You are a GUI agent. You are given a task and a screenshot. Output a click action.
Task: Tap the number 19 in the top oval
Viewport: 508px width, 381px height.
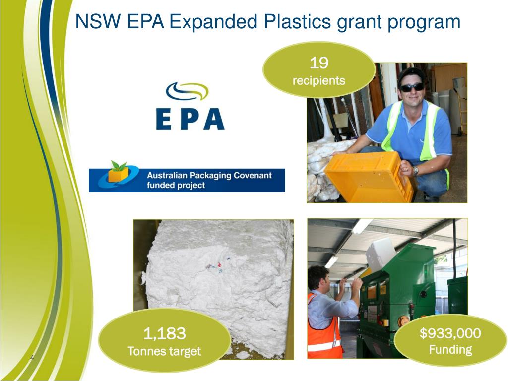pos(318,63)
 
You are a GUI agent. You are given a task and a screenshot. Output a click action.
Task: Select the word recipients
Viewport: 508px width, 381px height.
pos(318,80)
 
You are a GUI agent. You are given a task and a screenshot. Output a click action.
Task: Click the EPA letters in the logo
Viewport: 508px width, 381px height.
pos(190,119)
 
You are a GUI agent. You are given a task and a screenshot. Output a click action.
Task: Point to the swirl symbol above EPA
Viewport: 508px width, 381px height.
pos(187,92)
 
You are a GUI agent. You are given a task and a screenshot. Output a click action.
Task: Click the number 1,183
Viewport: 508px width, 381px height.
pos(164,333)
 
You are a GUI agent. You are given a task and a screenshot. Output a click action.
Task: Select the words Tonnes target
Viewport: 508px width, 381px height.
pos(164,351)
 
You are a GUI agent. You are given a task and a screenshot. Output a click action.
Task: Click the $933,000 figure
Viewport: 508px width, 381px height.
pos(450,333)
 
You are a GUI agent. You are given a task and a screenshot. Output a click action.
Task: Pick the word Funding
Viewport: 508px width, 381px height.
pos(450,350)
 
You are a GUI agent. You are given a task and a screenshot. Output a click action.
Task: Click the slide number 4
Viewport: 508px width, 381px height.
pos(32,358)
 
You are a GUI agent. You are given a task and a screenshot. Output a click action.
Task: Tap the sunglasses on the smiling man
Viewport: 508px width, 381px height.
pos(412,87)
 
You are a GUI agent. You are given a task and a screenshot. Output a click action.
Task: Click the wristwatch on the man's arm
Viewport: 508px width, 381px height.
pos(415,170)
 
